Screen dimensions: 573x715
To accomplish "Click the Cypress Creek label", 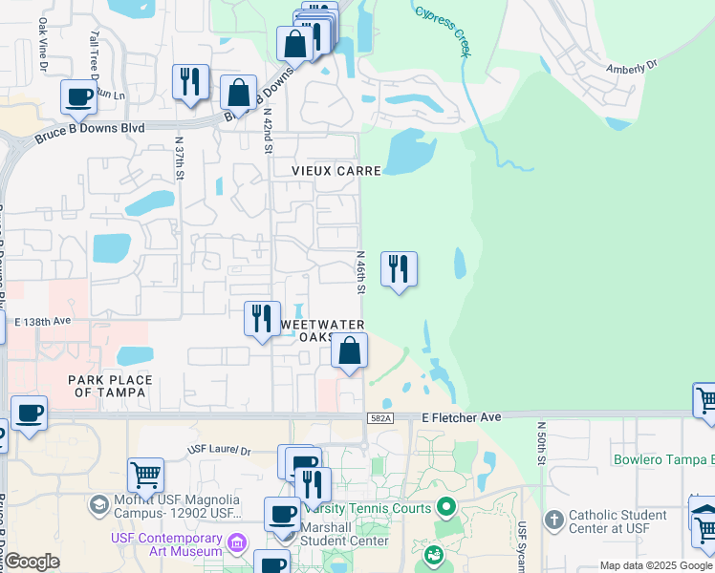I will coord(442,31).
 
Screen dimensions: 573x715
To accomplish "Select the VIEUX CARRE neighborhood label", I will coord(336,171).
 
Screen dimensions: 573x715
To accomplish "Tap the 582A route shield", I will coord(379,418).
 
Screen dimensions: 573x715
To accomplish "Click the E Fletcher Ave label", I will coord(462,417).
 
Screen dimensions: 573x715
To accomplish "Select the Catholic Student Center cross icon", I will coord(553,520).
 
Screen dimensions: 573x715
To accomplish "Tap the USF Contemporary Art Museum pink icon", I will coord(238,543).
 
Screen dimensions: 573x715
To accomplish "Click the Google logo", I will coord(32,562).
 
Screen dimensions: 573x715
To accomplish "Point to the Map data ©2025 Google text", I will coord(656,565).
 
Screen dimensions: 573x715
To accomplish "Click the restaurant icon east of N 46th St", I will coord(399,268).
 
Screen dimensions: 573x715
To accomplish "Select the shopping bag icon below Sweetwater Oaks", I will coord(350,351).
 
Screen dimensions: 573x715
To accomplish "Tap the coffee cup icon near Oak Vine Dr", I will coord(78,96).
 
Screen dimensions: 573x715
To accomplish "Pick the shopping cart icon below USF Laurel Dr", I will coord(145,473).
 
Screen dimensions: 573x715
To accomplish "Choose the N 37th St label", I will coord(179,159).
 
